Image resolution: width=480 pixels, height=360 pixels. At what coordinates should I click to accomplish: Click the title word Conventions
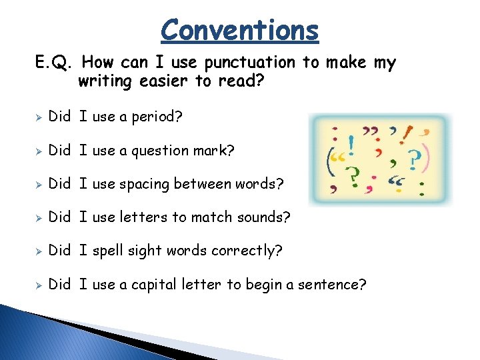click(240, 30)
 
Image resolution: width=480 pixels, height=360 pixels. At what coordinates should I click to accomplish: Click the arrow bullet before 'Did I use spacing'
click(39, 184)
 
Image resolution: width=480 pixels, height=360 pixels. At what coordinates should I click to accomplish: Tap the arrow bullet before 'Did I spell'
click(39, 251)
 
